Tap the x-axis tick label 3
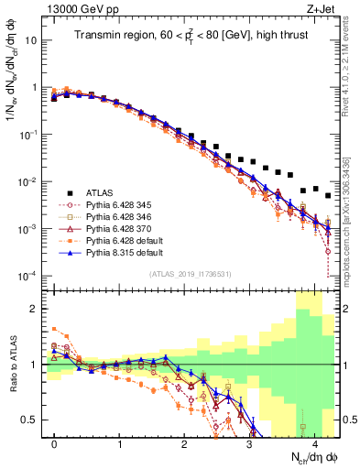249,442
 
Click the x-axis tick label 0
55,442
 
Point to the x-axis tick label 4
314,442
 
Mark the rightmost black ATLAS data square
327,195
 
